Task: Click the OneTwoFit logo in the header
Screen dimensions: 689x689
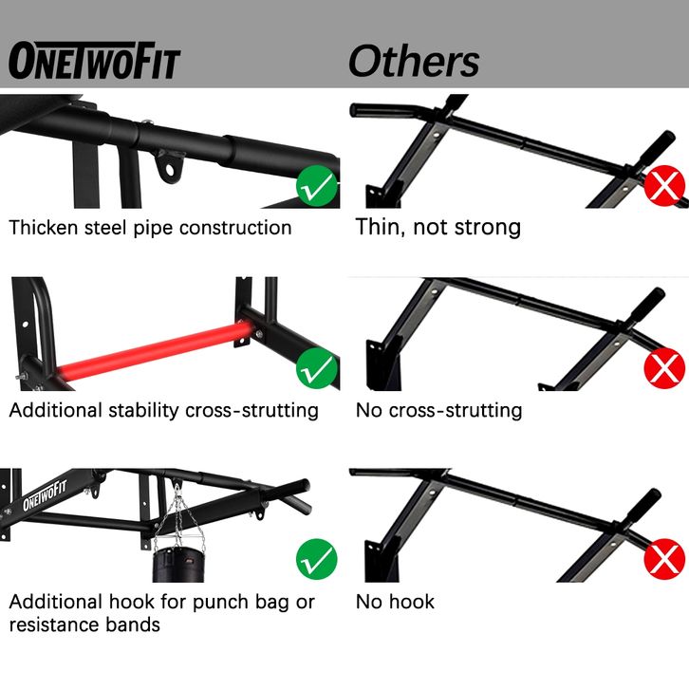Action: click(x=95, y=61)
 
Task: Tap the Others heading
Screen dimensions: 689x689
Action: click(x=414, y=62)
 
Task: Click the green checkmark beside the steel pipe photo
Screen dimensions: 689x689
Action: click(x=317, y=186)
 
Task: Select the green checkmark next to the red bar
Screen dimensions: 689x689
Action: click(x=317, y=368)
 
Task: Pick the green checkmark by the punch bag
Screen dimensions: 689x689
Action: click(x=317, y=559)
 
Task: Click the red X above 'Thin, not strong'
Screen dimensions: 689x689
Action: click(x=665, y=186)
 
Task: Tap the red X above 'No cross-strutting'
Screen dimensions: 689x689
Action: click(x=665, y=368)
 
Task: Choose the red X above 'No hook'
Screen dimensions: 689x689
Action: click(x=665, y=559)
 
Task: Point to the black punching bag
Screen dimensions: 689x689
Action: click(x=178, y=565)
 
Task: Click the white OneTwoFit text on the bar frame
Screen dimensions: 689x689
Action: click(x=45, y=495)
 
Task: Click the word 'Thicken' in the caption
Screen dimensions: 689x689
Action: click(x=44, y=228)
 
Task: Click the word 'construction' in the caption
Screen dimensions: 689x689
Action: click(x=235, y=228)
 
